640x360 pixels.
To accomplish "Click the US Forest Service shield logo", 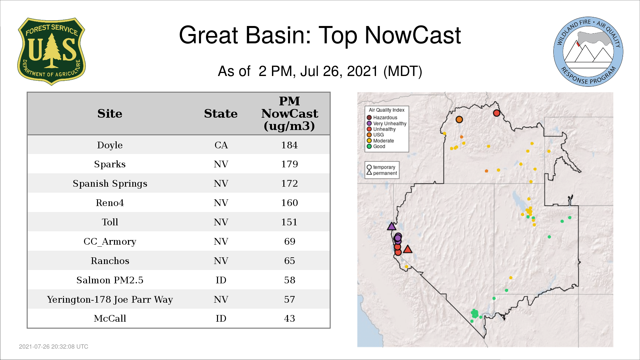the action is click(x=51, y=51).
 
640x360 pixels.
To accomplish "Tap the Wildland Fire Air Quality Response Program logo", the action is click(x=588, y=52).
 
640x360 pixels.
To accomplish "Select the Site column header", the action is click(x=110, y=114).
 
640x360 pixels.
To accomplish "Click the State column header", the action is click(x=221, y=114).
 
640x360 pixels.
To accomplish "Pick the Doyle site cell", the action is click(x=110, y=145).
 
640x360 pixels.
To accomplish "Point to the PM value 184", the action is click(x=289, y=145).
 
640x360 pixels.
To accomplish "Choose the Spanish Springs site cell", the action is click(x=110, y=184).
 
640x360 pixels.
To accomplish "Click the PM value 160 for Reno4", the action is click(x=289, y=203).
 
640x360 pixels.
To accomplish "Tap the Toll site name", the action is click(x=110, y=222).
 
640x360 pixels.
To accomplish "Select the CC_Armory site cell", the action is click(x=110, y=242).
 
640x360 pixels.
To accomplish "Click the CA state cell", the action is click(x=221, y=145).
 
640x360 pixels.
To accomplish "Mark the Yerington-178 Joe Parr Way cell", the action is click(x=110, y=300).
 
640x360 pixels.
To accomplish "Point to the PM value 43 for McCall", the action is click(x=289, y=319).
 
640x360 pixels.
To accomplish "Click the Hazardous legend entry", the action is click(x=382, y=118).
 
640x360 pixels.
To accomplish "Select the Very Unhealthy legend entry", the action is click(x=387, y=124).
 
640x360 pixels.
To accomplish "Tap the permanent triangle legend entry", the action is click(x=382, y=173).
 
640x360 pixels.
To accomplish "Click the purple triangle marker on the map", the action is click(x=392, y=226).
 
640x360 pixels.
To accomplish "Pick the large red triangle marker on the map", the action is click(x=408, y=249).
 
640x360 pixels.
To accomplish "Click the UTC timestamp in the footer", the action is click(x=54, y=347).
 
